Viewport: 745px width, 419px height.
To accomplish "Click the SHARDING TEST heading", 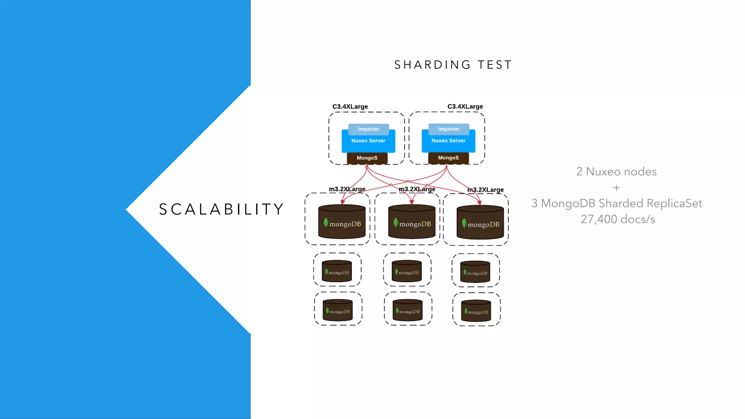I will pyautogui.click(x=453, y=65).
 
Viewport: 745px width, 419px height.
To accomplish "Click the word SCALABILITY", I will pyautogui.click(x=221, y=209).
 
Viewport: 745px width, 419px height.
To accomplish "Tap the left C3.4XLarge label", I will pyautogui.click(x=350, y=107).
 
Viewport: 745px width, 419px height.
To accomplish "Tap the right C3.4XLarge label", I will pyautogui.click(x=465, y=107).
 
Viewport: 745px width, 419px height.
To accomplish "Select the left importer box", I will pyautogui.click(x=368, y=129).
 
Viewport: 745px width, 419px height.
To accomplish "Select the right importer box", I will pyautogui.click(x=449, y=129).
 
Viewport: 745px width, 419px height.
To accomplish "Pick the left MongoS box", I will pyautogui.click(x=367, y=158).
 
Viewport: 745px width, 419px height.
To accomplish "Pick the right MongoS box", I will pyautogui.click(x=448, y=158).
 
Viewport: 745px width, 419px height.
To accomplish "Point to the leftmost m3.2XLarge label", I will pyautogui.click(x=347, y=189).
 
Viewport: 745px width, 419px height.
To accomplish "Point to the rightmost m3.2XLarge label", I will pyautogui.click(x=485, y=190).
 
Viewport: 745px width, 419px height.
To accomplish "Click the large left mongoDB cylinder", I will pyautogui.click(x=342, y=222).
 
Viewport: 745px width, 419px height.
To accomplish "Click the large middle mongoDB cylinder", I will pyautogui.click(x=411, y=222).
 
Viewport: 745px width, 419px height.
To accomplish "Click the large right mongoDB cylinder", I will pyautogui.click(x=480, y=223).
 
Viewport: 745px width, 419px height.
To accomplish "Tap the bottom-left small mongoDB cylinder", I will pyautogui.click(x=338, y=310).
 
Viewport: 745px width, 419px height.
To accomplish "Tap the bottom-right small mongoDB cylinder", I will pyautogui.click(x=476, y=311).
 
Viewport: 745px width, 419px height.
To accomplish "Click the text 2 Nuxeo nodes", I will pyautogui.click(x=616, y=172).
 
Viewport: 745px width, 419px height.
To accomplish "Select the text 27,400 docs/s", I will pyautogui.click(x=618, y=219).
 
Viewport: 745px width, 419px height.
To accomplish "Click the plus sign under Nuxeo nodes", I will pyautogui.click(x=616, y=188).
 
